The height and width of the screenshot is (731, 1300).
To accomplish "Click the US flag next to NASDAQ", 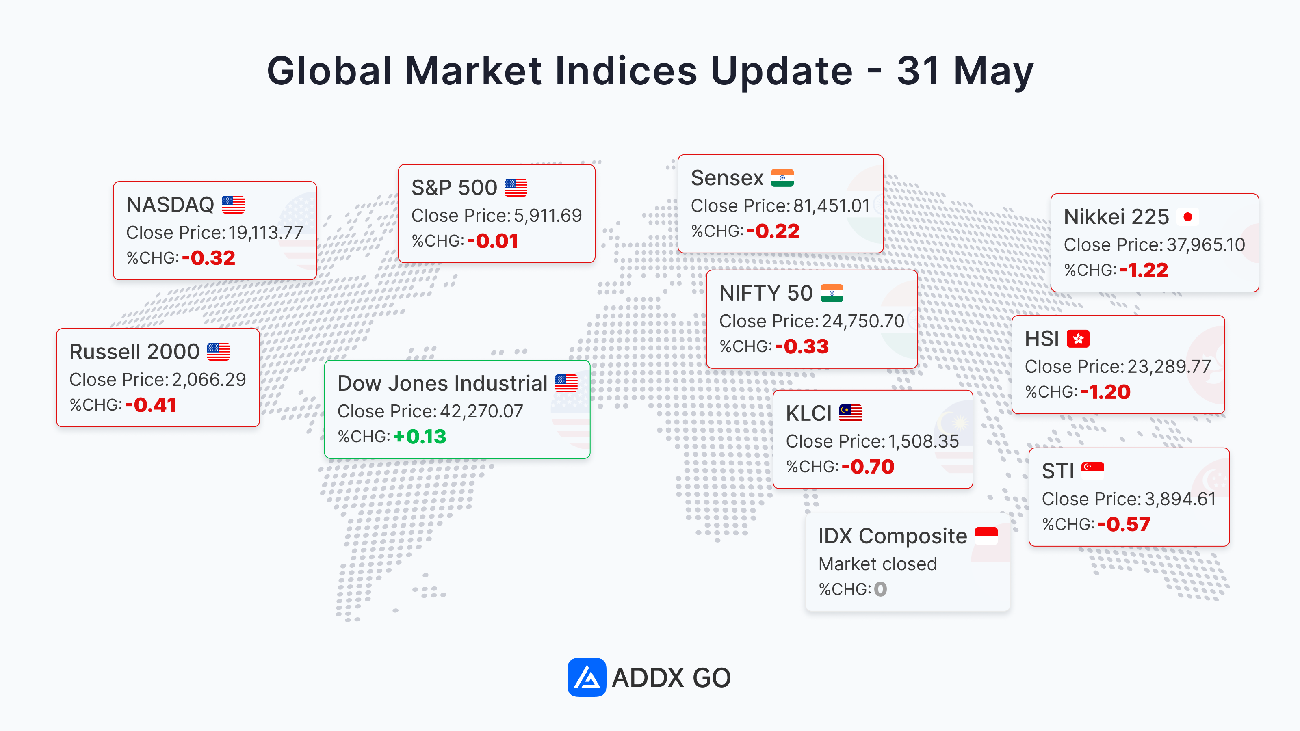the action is click(233, 205).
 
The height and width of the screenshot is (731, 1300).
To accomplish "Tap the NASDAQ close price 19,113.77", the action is click(265, 233).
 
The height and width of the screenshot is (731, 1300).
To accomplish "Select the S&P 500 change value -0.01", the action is click(492, 241).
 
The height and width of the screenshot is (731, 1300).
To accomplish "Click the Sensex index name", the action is click(727, 178).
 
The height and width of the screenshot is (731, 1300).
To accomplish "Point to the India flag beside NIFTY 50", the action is click(832, 293).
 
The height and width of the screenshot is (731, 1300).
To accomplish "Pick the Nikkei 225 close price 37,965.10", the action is click(1206, 244).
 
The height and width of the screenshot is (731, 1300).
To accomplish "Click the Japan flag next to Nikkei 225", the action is click(1187, 217).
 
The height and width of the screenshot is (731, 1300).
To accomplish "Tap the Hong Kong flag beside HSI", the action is click(1078, 339).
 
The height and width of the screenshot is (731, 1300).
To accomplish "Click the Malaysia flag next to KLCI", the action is click(850, 413).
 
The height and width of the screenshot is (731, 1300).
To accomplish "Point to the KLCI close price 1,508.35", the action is click(923, 441).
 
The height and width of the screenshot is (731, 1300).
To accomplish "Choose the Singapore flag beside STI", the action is click(1092, 471).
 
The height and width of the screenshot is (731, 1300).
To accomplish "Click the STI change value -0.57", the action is click(1123, 525).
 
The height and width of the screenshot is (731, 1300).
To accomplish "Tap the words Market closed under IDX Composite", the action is click(877, 564).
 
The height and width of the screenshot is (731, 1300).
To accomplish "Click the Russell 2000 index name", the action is click(134, 352).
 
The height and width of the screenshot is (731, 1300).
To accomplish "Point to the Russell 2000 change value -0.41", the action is click(150, 405).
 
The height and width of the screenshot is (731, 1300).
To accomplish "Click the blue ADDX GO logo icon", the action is click(586, 677).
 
